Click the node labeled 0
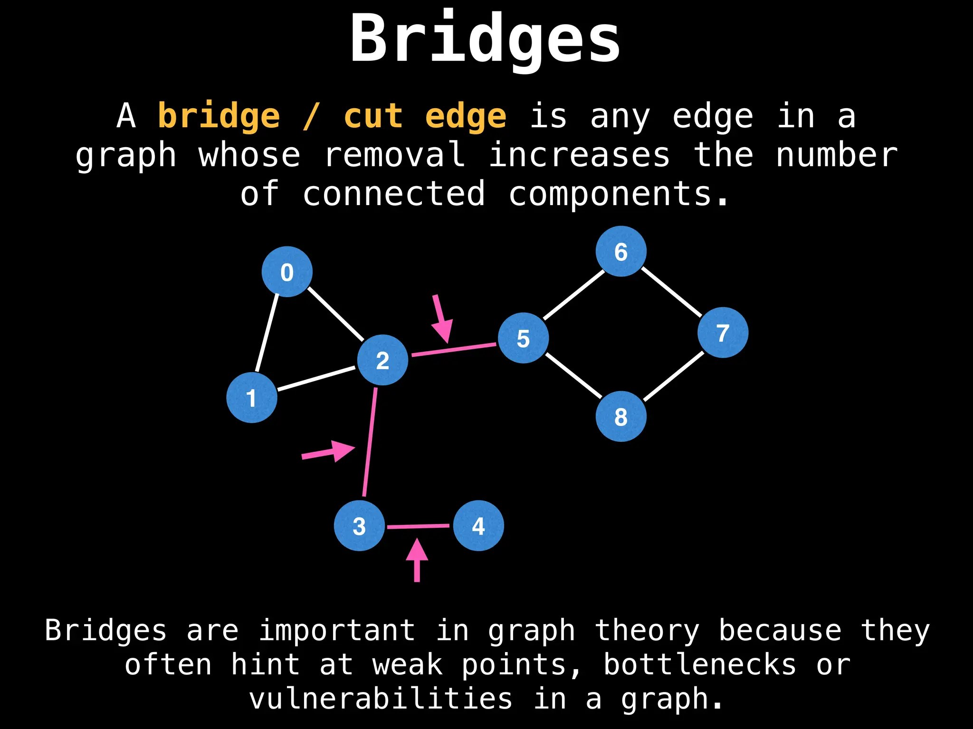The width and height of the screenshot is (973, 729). [x=287, y=272]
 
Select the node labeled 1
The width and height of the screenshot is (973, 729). [x=252, y=398]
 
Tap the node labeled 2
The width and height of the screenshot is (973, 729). [x=382, y=360]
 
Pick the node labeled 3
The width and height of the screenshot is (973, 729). [x=359, y=526]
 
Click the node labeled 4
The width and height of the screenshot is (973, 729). [x=478, y=526]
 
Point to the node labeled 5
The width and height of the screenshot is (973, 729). [x=523, y=338]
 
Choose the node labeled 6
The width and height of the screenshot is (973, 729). [x=621, y=252]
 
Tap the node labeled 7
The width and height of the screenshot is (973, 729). [x=723, y=333]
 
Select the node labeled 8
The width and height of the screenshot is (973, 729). [x=621, y=417]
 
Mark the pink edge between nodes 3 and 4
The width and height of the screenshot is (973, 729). [x=418, y=526]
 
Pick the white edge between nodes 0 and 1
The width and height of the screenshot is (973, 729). [x=267, y=332]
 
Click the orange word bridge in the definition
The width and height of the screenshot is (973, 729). [x=219, y=116]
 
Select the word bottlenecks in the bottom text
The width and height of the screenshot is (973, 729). [x=699, y=664]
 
